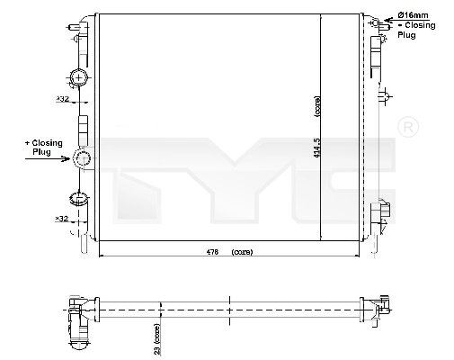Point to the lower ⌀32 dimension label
pyautogui.click(x=62, y=218)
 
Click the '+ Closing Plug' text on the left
pyautogui.click(x=42, y=148)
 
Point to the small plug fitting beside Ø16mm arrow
pyautogui.click(x=384, y=23)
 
